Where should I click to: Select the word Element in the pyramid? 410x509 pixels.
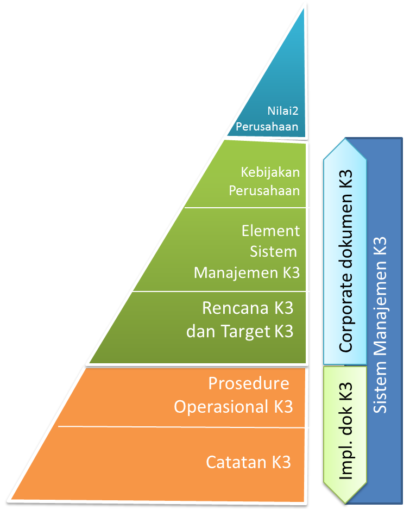pos(270,231)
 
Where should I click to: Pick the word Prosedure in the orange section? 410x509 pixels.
pos(249,383)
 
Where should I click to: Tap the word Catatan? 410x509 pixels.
pos(237,462)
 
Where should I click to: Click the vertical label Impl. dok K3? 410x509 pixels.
pos(345,432)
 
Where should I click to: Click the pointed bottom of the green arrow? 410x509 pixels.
pos(345,501)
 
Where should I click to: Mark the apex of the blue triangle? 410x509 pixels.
pos(305,8)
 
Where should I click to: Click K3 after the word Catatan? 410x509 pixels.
pos(281,462)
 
